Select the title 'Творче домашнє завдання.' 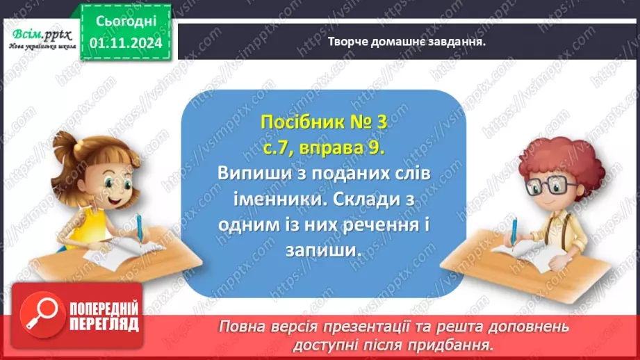[406, 41]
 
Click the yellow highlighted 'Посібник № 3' [323, 122]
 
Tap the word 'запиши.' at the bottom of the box [324, 251]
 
